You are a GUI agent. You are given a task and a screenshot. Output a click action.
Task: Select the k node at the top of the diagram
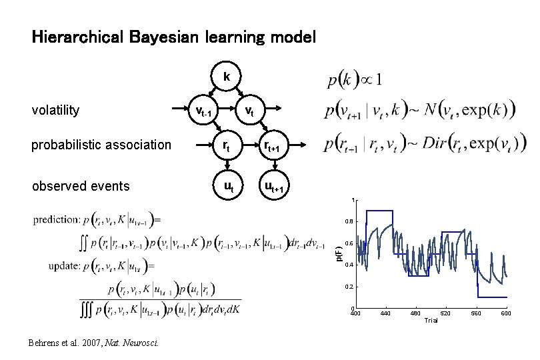point(227,77)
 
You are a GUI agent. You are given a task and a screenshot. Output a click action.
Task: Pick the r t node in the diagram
point(227,145)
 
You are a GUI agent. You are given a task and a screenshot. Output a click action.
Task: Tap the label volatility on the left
point(56,110)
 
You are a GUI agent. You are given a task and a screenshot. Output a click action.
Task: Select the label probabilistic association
point(101,145)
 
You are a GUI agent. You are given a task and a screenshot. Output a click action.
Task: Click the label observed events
point(81,186)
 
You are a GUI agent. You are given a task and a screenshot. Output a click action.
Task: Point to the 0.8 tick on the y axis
point(349,222)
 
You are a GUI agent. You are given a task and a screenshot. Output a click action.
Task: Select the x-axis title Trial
point(431,321)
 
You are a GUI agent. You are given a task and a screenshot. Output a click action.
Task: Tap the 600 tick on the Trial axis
point(505,313)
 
